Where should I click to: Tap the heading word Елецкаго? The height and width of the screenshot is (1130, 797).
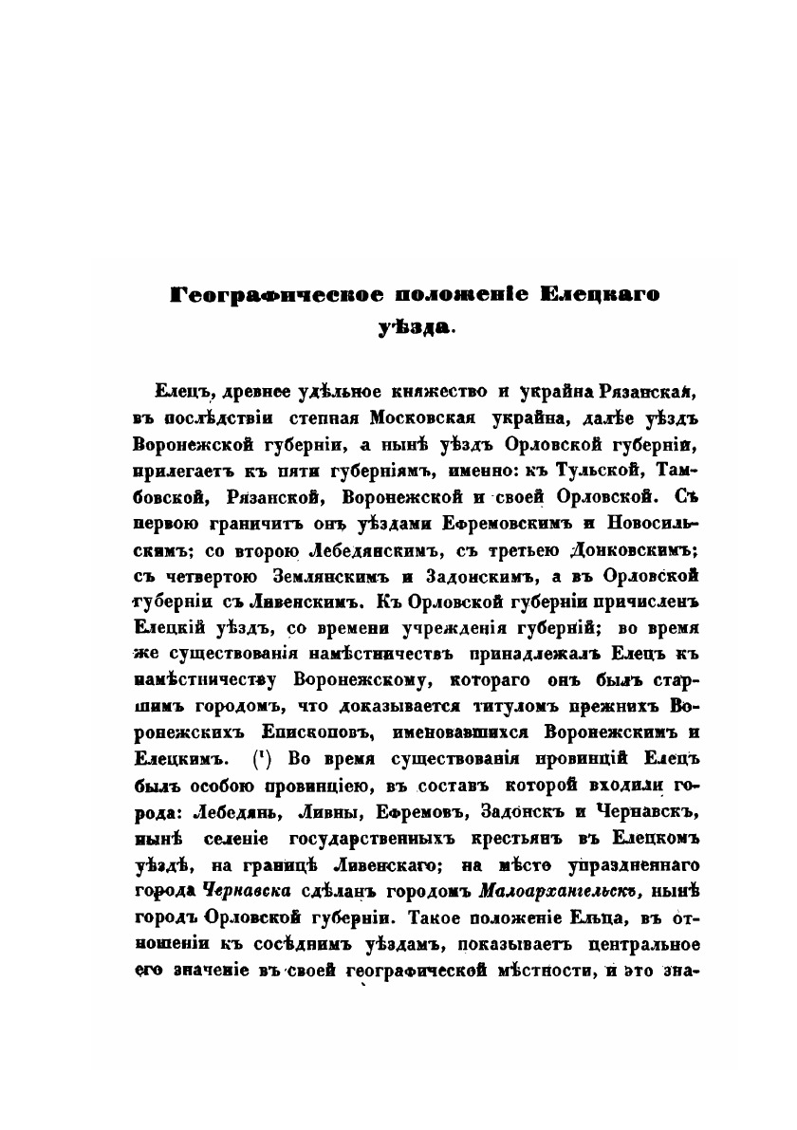click(601, 296)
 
